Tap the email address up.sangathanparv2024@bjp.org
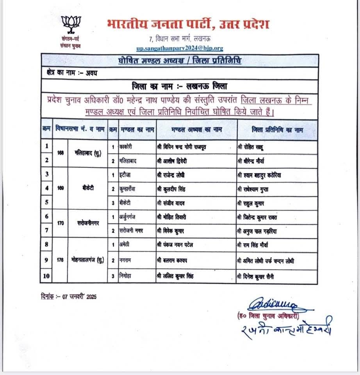pos(180,48)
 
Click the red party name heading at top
pos(188,24)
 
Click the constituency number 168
pos(60,153)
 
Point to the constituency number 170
pos(60,223)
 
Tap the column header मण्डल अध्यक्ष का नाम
pos(196,130)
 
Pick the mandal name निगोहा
pos(127,276)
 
